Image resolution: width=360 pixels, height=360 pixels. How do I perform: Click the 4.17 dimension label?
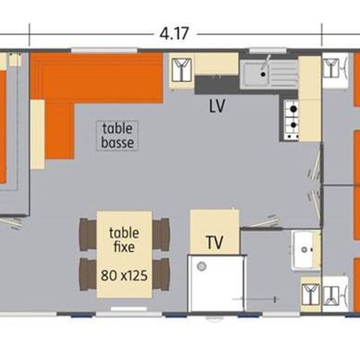174,33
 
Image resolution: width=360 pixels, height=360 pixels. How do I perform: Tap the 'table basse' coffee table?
117,136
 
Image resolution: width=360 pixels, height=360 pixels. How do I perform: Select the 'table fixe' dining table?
124,255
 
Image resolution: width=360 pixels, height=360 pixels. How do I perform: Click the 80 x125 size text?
124,275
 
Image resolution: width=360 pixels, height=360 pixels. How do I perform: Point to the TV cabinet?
214,232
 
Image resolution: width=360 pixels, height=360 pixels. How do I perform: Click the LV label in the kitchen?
217,106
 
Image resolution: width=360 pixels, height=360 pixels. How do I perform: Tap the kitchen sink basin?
256,74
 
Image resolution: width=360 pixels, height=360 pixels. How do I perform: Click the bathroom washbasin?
303,249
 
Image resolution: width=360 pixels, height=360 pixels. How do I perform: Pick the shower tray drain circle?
202,266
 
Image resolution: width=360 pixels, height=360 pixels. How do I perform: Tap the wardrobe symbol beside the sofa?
182,70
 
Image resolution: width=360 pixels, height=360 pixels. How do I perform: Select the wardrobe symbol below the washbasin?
310,294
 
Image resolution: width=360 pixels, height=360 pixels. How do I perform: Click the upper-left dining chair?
88,234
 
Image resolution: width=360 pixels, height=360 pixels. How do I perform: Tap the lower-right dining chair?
161,274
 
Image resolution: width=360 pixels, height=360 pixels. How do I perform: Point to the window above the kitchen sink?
267,51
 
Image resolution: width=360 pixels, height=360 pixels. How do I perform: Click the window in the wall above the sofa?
104,50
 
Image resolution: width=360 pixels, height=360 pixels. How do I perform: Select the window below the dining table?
129,309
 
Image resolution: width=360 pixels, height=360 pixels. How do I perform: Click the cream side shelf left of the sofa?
38,134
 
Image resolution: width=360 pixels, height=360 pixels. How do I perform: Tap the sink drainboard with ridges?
283,74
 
